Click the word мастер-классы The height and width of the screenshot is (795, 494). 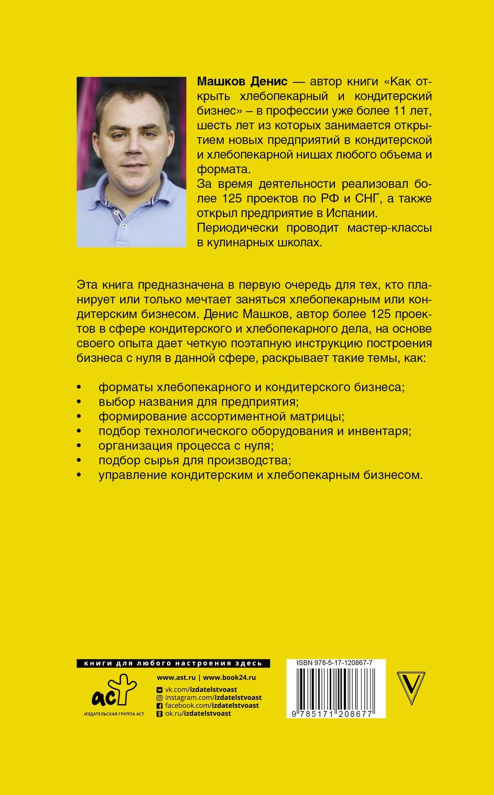pos(389,228)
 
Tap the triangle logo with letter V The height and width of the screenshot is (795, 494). pos(412,688)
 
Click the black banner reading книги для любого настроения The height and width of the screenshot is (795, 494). pos(173,663)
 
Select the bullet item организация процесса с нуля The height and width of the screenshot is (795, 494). pos(186,446)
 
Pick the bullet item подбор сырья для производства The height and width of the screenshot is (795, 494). pos(195,460)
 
